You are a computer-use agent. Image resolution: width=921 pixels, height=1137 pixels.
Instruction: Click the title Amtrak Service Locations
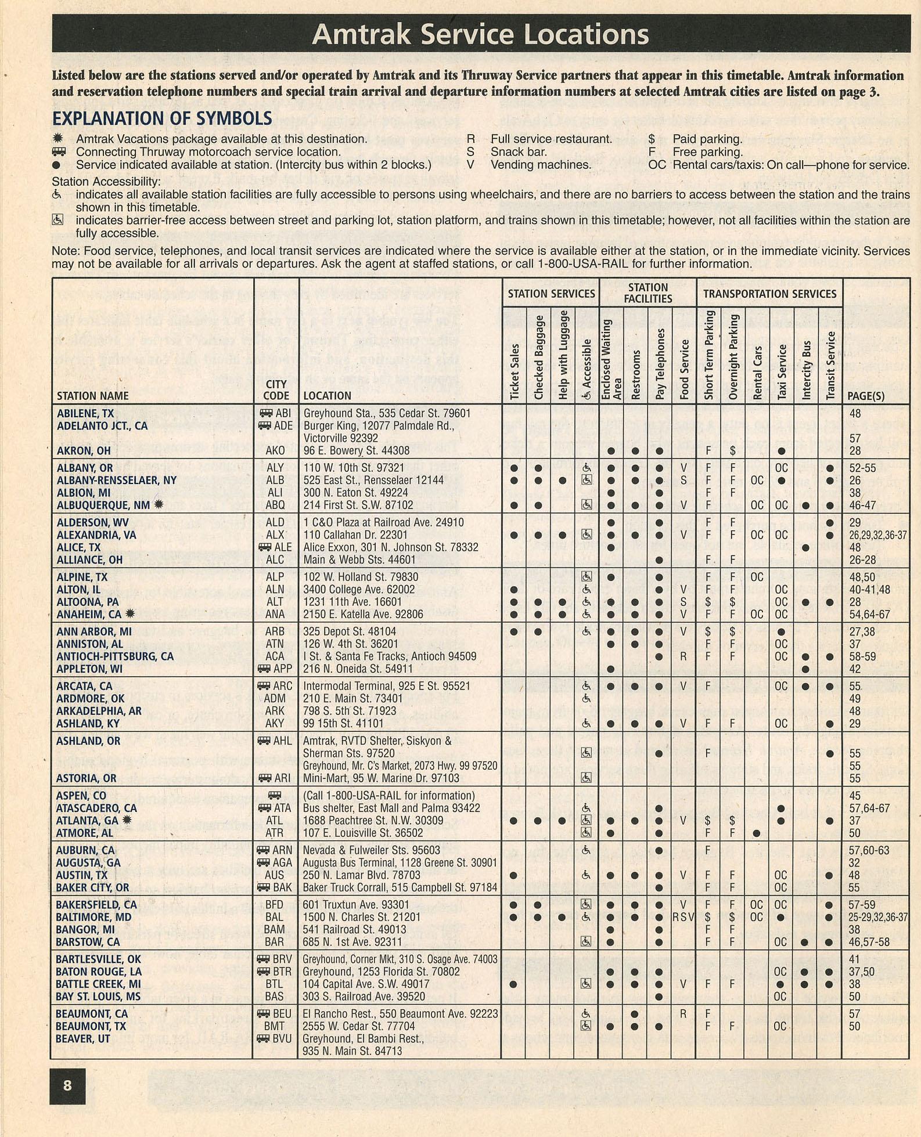click(x=480, y=34)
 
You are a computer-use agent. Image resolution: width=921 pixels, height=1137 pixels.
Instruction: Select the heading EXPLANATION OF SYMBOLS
click(x=162, y=118)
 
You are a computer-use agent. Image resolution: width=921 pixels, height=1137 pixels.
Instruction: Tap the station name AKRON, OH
click(x=84, y=450)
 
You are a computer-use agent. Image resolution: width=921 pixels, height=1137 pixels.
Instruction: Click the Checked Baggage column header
click(x=538, y=358)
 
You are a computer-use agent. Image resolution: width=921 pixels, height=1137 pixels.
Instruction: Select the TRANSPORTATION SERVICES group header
click(x=769, y=294)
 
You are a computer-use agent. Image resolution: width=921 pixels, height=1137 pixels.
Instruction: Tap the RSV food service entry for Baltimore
click(x=683, y=917)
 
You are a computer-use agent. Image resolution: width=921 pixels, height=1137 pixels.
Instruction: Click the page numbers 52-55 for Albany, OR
click(x=862, y=468)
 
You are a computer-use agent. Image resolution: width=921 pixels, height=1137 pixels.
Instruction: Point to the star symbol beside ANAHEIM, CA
click(x=130, y=613)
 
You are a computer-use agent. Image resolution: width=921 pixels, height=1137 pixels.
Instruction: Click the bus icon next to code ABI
click(x=266, y=413)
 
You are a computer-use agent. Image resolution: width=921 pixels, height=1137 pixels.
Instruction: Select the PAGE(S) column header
click(x=866, y=396)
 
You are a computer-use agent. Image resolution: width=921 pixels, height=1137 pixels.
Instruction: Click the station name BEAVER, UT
click(x=83, y=1038)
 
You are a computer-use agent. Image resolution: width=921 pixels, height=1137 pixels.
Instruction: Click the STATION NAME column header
click(x=93, y=396)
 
